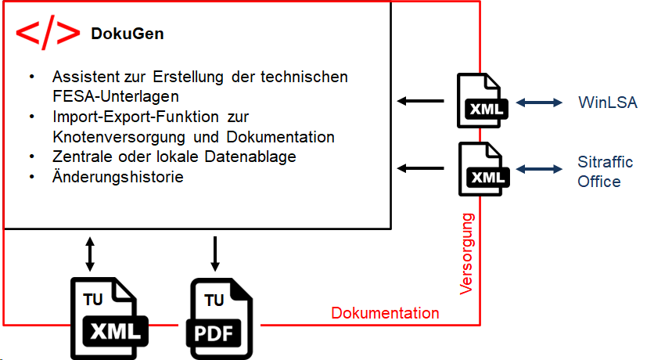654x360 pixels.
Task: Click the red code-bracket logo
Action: pos(48,33)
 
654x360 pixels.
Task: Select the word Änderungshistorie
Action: pos(118,177)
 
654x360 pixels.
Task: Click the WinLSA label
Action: pos(608,102)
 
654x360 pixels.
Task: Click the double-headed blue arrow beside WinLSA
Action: pos(540,102)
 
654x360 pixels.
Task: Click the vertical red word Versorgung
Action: pos(467,252)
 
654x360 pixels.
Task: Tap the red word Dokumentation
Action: pos(385,313)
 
